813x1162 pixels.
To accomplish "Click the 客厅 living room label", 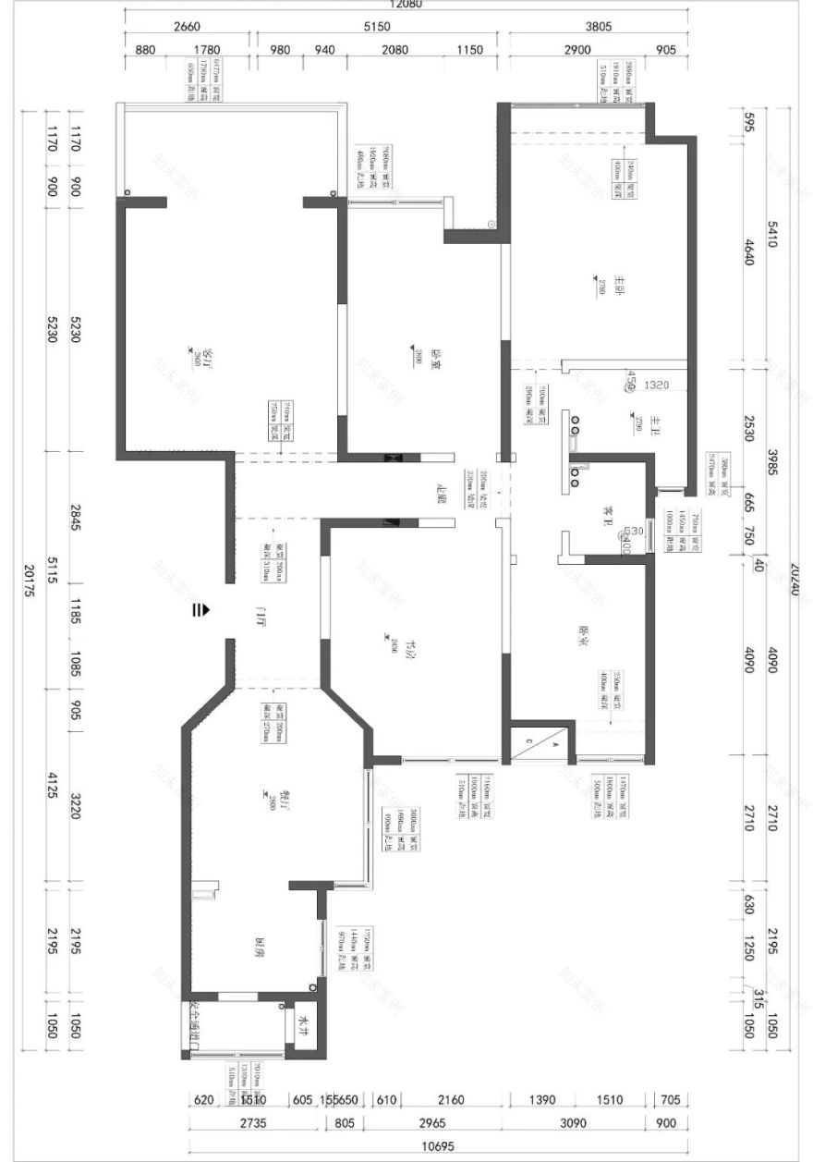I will [x=208, y=355].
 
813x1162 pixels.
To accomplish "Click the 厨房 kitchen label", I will [x=262, y=946].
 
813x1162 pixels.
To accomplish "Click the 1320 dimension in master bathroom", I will [x=656, y=384].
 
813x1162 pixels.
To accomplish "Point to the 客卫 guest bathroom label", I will [x=609, y=514].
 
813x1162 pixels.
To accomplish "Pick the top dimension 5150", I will [x=377, y=27].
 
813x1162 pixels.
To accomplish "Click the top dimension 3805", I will [x=599, y=27].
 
